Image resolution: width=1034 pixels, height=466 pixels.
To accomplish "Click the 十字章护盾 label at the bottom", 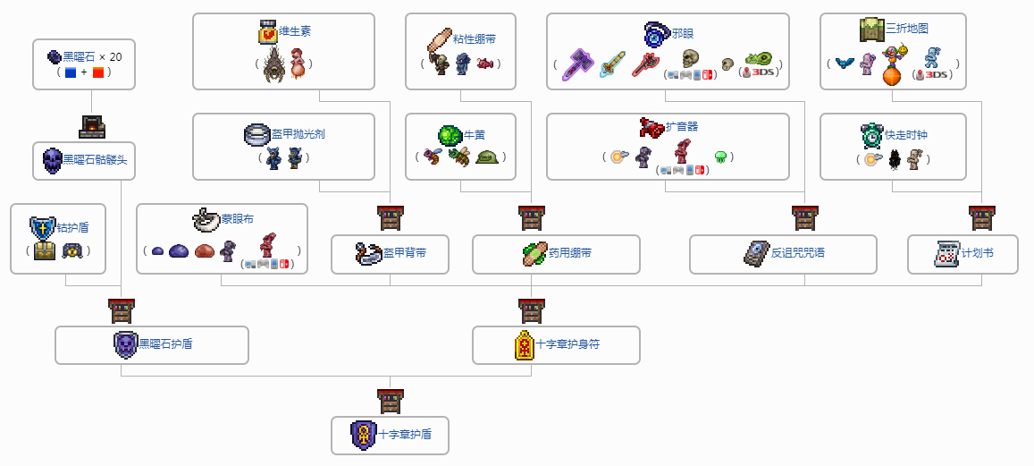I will [x=405, y=435].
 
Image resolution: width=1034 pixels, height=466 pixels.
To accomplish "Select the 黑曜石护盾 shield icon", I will [x=126, y=344].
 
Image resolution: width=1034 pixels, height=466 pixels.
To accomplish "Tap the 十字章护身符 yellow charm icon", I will [x=525, y=344].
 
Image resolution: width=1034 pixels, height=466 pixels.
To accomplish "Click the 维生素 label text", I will [x=294, y=31].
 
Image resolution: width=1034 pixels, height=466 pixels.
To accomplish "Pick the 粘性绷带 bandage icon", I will [x=440, y=41].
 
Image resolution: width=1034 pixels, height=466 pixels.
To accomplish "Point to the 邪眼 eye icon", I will [x=657, y=35].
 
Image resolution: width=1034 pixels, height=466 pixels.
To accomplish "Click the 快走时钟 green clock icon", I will [x=871, y=135].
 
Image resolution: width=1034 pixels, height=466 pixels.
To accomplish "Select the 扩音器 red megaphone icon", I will [x=652, y=128].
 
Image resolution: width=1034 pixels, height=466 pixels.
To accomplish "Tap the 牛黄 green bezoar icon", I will [x=450, y=135].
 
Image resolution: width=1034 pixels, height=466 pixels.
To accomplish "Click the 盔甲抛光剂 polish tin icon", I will [x=256, y=134].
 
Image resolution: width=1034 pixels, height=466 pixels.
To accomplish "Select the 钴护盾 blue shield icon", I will [x=42, y=227].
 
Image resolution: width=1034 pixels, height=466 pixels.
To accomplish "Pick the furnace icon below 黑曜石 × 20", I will [x=91, y=126].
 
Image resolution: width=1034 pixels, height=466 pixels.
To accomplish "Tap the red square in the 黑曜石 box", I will [x=98, y=72].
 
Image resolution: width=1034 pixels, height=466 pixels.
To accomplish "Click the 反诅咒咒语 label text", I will [x=798, y=253].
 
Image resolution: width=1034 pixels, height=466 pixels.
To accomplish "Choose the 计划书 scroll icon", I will [x=946, y=253].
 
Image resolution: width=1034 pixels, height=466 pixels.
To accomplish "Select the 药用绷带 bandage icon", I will [x=535, y=253].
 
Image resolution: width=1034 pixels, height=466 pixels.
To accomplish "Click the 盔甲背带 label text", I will [x=404, y=253].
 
